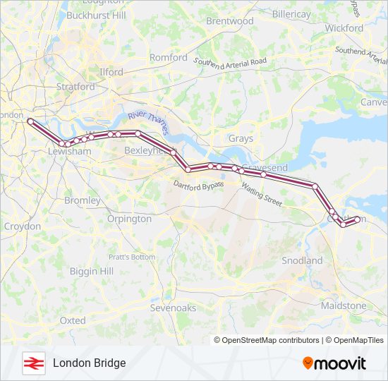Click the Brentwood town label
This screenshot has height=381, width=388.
229,21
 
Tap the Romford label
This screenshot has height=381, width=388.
169,57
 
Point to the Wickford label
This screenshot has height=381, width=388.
344,28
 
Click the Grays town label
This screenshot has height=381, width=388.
241,138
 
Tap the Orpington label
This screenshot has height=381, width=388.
129,219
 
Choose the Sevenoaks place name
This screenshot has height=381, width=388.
173,308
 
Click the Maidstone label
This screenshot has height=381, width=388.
344,306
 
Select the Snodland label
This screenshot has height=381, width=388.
302,260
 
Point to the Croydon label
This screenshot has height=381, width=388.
22,226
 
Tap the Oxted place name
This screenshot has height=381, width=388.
72,320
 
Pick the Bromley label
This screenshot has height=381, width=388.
83,200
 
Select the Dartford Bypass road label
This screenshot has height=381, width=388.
198,184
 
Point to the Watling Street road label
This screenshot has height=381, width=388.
262,194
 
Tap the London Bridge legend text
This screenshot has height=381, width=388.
89,363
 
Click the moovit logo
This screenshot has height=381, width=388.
334,363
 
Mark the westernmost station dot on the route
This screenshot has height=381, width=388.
30,121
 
